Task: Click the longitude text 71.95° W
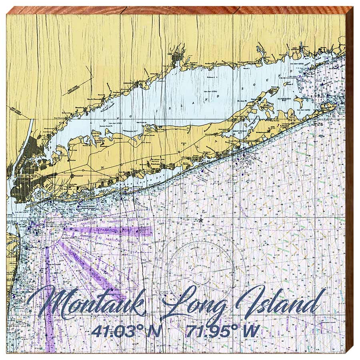click(223, 331)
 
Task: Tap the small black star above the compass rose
click(201, 220)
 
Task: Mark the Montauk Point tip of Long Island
click(335, 106)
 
